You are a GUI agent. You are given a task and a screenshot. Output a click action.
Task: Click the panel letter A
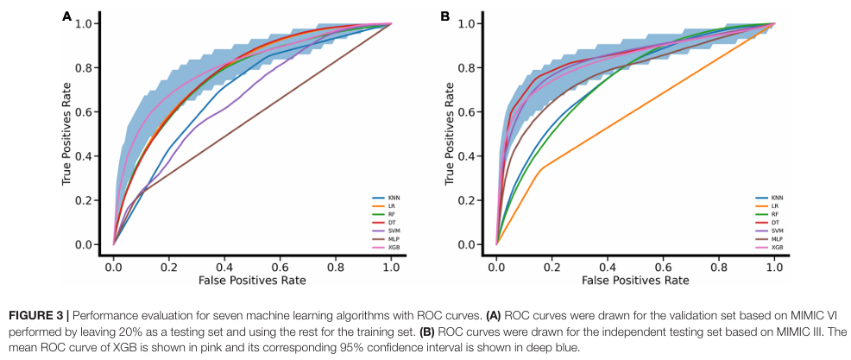pos(66,16)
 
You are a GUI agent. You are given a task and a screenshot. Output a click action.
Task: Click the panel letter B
pos(445,16)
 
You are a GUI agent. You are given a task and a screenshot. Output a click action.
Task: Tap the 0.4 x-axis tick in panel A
pos(224,268)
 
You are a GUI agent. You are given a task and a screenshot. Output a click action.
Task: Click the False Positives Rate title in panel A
pos(252,281)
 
